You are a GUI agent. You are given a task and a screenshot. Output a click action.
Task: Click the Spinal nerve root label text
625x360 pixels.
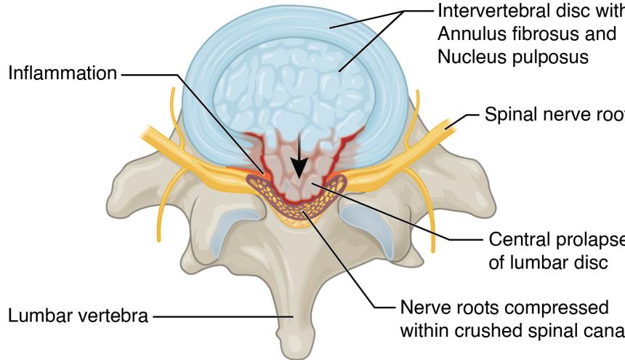tap(552, 115)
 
